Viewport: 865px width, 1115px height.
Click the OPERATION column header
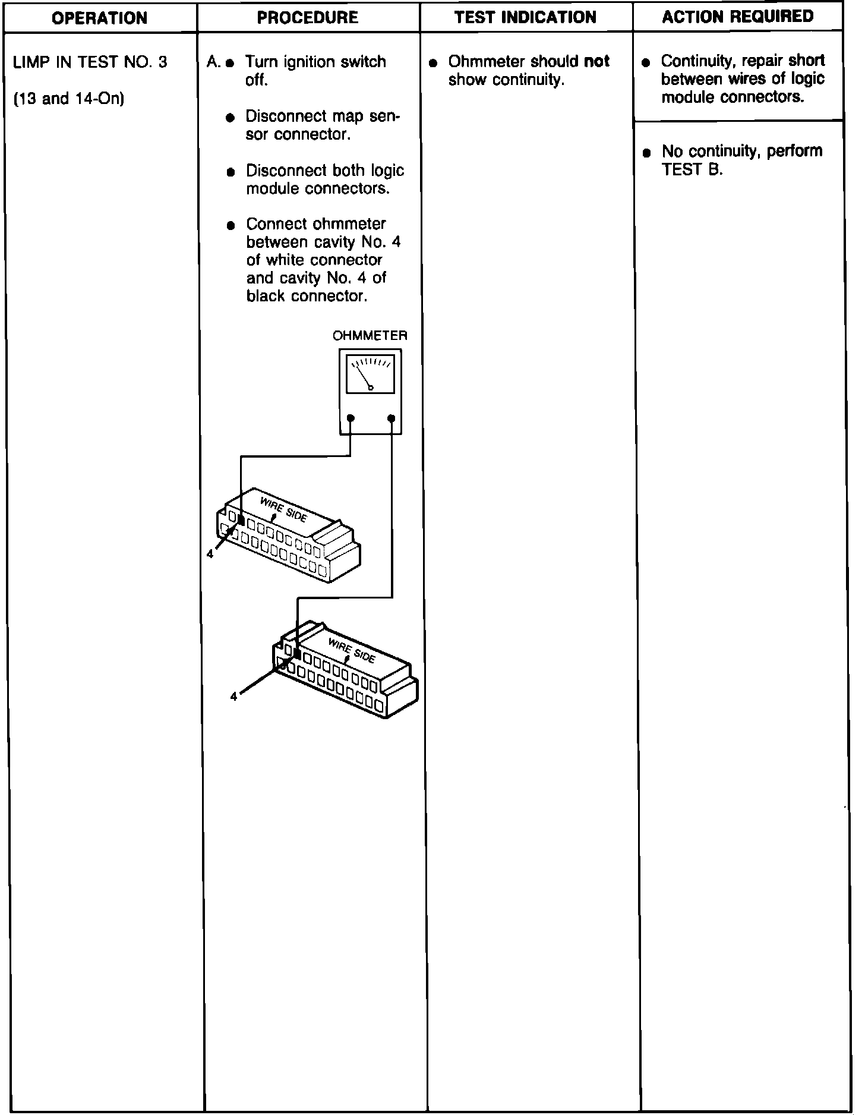tap(99, 18)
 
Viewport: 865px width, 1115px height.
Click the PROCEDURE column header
tap(308, 18)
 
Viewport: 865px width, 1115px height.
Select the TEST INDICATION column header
tap(525, 17)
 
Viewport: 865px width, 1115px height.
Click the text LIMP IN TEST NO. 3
tap(90, 62)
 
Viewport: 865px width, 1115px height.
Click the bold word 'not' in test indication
tap(596, 61)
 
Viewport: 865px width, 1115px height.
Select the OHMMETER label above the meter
tap(370, 336)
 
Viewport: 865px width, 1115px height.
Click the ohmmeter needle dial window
tap(370, 374)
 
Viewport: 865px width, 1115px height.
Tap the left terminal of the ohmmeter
tap(351, 418)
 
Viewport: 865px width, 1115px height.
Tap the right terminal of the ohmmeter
tap(391, 418)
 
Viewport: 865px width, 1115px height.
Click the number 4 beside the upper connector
tap(210, 553)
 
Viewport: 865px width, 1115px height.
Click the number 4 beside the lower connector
tap(233, 697)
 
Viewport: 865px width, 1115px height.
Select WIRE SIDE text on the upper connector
tap(283, 509)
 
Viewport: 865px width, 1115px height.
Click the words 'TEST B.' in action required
tap(692, 170)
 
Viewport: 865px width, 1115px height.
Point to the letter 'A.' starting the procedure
tap(213, 62)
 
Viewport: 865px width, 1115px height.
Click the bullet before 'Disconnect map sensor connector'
tap(230, 118)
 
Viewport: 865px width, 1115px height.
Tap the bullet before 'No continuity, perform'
tap(647, 153)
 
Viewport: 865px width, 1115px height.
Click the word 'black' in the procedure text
tap(266, 296)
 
